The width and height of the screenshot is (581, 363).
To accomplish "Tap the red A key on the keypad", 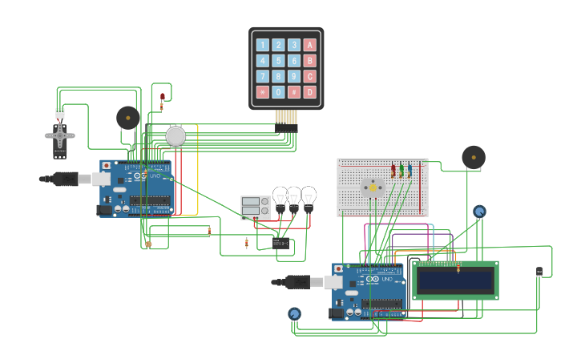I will [x=310, y=46].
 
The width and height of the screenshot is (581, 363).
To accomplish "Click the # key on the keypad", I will [x=294, y=92].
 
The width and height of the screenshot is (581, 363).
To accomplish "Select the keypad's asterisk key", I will [x=262, y=92].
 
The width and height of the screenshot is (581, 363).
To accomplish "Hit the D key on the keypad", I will [x=310, y=92].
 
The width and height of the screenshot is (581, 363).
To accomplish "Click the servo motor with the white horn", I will [x=60, y=136].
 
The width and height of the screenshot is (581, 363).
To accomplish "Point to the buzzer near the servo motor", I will [x=127, y=118].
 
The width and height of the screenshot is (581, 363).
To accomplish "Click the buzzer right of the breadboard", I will [x=473, y=157].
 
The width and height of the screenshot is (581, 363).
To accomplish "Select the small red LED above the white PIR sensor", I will [x=163, y=97].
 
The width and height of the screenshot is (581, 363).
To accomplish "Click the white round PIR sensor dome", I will [x=176, y=136].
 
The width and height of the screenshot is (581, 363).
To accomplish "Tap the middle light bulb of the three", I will [x=294, y=196].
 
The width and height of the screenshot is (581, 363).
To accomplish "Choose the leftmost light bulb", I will [x=280, y=196].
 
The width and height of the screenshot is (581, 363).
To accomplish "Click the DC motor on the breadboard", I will [x=372, y=187].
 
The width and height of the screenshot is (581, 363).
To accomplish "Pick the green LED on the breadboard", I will [x=401, y=170].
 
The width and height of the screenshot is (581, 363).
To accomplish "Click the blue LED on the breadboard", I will [x=409, y=170].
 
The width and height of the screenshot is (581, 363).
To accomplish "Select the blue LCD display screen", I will [x=455, y=280].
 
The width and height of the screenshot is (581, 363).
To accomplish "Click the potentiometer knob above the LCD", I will [x=479, y=212].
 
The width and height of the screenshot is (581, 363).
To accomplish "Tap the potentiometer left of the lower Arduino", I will [x=294, y=314].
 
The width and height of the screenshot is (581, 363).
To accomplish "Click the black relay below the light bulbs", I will [x=280, y=243].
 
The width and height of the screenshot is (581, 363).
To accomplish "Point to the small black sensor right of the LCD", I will [x=539, y=272].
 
